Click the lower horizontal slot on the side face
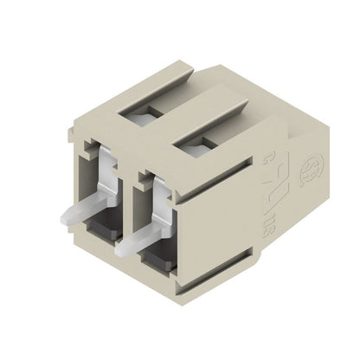point(247,255)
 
